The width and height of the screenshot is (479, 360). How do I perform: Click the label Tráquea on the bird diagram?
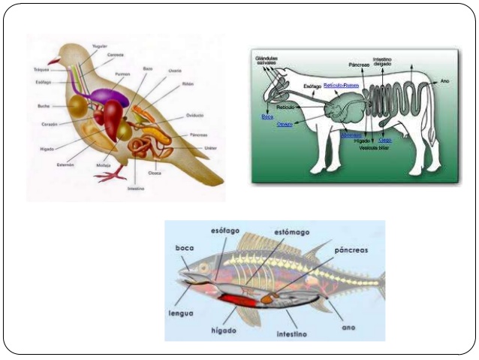click(41, 70)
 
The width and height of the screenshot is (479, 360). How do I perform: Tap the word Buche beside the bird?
click(44, 106)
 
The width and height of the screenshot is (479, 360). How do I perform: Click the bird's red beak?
click(53, 61)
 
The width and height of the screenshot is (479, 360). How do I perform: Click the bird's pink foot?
click(110, 176)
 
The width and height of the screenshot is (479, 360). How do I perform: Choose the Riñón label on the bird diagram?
click(188, 84)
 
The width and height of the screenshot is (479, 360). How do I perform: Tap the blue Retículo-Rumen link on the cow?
click(342, 84)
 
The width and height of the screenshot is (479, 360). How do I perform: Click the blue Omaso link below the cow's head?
click(285, 124)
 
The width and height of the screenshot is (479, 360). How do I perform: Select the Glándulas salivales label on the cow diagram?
click(266, 59)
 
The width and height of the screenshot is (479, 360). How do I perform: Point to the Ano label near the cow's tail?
click(445, 80)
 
